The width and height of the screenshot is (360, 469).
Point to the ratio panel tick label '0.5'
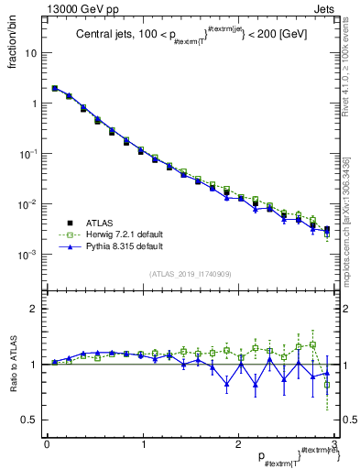coord(31,420)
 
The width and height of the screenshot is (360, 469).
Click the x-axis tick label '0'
coord(47,445)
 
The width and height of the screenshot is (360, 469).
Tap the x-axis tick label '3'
coord(334,445)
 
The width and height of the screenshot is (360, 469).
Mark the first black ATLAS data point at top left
coord(55,89)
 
